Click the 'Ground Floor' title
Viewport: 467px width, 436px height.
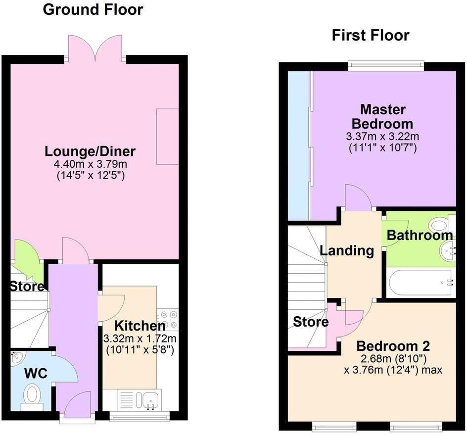93,9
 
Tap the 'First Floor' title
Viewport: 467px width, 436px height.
371,36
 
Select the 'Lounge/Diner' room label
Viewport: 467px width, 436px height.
90,151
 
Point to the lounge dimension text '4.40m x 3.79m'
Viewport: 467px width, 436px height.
90,163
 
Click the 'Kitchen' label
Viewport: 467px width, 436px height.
140,326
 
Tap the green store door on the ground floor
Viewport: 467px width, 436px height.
28,258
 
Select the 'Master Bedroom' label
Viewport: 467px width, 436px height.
383,116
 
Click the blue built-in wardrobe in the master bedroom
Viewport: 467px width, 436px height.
299,146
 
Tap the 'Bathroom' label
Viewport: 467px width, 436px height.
420,236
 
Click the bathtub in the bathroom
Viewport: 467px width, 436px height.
420,283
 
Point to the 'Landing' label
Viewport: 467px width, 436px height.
347,250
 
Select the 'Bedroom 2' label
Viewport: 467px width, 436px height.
393,345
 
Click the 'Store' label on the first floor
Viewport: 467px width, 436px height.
311,322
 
